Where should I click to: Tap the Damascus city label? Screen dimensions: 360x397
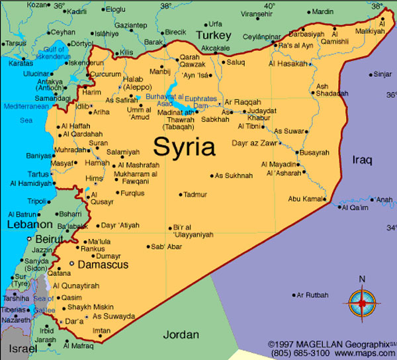click(103, 265)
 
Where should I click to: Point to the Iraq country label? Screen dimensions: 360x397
click(362, 159)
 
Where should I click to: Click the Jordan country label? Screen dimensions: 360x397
click(181, 334)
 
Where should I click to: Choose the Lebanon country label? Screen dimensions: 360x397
click(29, 225)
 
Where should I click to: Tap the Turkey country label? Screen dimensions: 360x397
click(213, 35)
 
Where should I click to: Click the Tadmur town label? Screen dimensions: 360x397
click(195, 195)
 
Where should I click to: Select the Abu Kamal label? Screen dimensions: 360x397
click(306, 199)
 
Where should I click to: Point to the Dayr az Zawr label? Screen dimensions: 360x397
click(254, 142)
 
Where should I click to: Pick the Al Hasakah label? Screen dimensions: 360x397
click(288, 64)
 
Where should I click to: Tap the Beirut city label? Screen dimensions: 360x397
click(50, 238)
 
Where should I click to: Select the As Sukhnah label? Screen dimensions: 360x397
click(234, 176)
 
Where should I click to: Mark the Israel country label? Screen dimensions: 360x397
click(19, 348)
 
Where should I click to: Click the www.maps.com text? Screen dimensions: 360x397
click(369, 354)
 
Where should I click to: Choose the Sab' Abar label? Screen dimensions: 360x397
click(165, 247)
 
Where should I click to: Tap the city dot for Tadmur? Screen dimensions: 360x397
click(180, 195)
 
